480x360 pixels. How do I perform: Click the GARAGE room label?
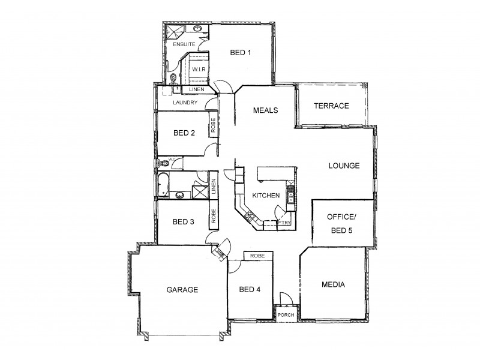(182, 289)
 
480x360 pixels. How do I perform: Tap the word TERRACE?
(331, 106)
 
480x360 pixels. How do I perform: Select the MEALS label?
(264, 110)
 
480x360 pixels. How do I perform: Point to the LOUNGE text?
(343, 166)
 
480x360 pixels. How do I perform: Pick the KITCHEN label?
(266, 196)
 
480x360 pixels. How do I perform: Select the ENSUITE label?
(182, 45)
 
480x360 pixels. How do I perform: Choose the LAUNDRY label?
(185, 103)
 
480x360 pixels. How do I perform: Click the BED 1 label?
(241, 53)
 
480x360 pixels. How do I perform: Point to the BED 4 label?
(250, 290)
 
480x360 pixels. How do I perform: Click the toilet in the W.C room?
(161, 163)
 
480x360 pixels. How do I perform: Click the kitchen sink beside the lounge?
(290, 194)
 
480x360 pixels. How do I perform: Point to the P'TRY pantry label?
(285, 223)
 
